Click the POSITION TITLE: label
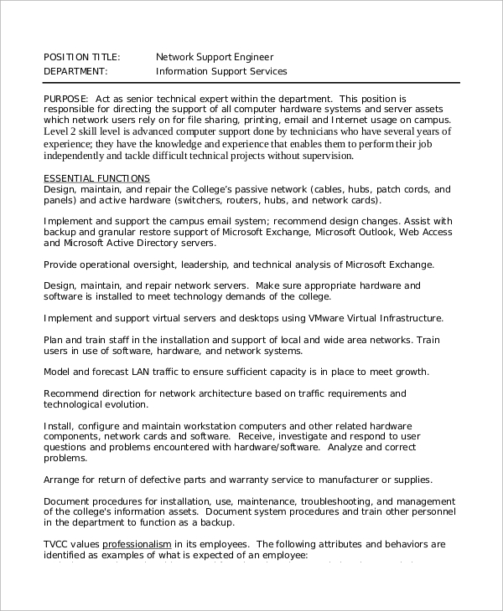point(81,57)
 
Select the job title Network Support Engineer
point(215,57)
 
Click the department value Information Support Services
point(221,71)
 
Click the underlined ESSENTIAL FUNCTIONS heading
point(96,178)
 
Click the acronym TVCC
point(56,543)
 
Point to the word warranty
point(251,480)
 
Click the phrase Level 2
point(60,131)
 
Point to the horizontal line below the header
point(251,83)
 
